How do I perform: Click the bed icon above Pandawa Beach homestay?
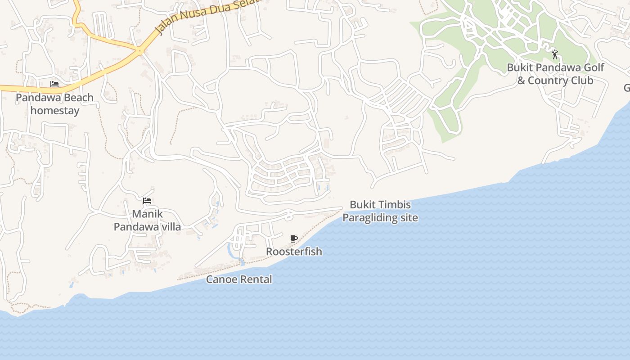pos(54,84)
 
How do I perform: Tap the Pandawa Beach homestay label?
pos(55,104)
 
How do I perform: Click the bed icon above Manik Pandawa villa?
pos(147,201)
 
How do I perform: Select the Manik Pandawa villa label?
pos(147,220)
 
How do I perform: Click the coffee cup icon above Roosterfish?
pos(294,238)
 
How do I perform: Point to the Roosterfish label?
pos(294,252)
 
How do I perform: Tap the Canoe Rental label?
pos(239,279)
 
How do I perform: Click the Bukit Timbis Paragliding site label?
pos(380,211)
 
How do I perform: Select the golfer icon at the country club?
pos(555,55)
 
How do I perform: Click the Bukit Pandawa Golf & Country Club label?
pos(555,74)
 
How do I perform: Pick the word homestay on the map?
pos(55,111)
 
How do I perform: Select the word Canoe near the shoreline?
pos(220,279)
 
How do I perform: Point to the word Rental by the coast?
pos(255,279)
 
